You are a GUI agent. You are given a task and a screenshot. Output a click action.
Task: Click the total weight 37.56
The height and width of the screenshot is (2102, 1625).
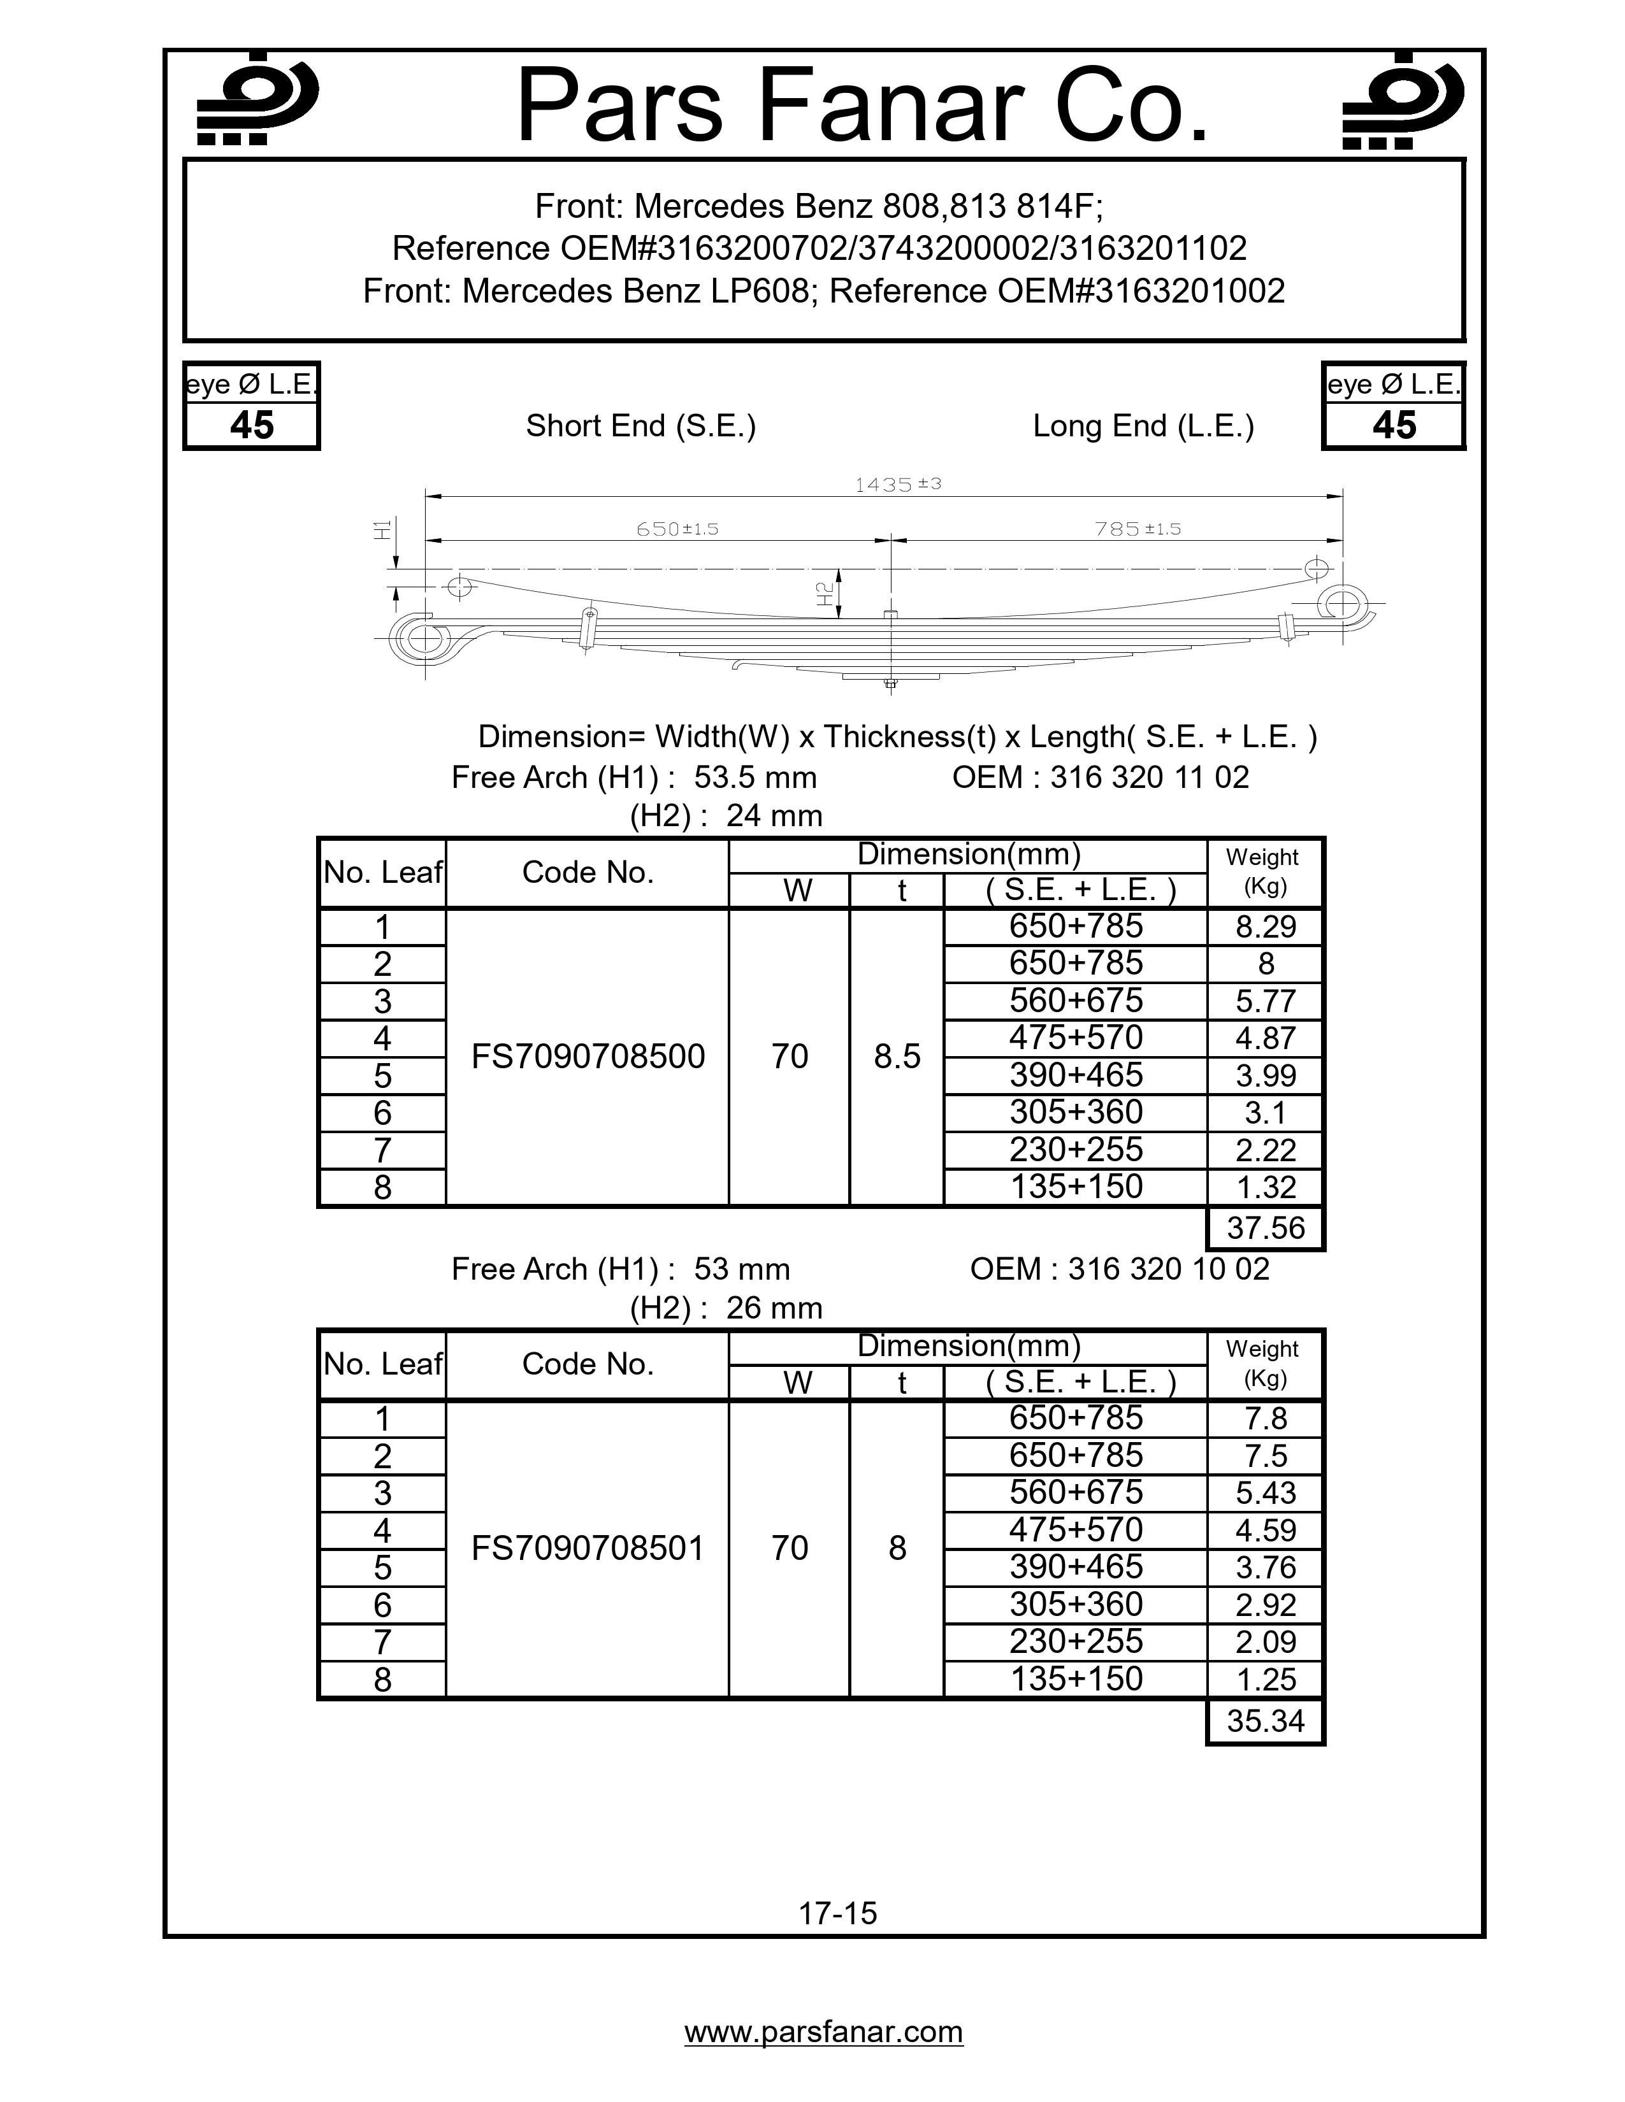(x=1265, y=1228)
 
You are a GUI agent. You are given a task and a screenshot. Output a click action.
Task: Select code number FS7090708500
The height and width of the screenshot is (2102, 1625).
(x=588, y=1057)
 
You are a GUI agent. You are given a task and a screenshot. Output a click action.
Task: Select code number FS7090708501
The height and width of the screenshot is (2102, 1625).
(x=588, y=1548)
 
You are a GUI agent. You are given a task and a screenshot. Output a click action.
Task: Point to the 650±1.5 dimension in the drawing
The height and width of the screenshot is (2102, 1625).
(x=677, y=529)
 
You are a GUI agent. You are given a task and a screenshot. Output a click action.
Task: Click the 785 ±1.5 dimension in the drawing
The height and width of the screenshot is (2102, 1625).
(x=1137, y=529)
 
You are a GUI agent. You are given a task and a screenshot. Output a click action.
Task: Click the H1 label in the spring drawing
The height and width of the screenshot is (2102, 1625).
(x=383, y=529)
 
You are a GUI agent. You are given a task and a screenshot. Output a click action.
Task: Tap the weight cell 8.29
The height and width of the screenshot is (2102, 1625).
(x=1265, y=927)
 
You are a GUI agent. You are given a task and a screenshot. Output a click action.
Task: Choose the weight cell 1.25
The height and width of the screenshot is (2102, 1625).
(x=1265, y=1680)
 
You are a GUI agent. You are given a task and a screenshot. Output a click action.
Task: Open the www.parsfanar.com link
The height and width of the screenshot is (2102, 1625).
(x=823, y=2031)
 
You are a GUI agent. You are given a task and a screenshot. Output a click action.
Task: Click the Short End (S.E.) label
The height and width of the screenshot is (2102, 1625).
(x=640, y=425)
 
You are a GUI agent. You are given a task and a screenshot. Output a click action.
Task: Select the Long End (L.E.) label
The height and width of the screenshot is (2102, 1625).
(x=1143, y=425)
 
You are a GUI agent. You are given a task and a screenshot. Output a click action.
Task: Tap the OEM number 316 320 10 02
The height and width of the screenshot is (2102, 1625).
(x=1167, y=1268)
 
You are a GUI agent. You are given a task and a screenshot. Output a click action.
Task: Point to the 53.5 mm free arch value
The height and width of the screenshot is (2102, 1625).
(x=755, y=776)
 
